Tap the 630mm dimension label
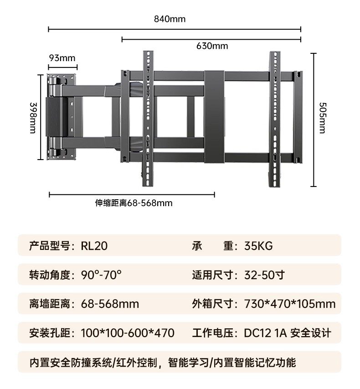[212, 46]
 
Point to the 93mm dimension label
[62, 58]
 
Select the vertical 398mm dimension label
[33, 118]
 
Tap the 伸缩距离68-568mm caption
[134, 203]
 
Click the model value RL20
[94, 246]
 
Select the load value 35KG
[258, 246]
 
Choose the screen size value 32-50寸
[264, 275]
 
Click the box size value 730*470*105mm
[290, 304]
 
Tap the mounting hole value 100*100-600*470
[128, 333]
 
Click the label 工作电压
[212, 333]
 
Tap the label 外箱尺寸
[212, 304]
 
